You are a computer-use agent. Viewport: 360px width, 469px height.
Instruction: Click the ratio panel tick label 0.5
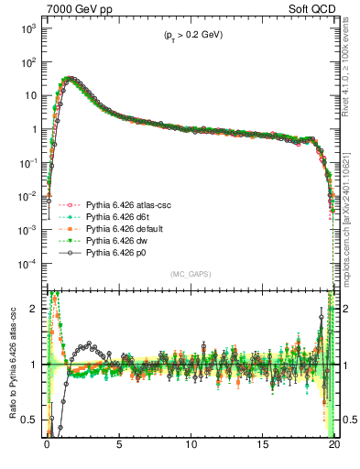pos(29,420)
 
